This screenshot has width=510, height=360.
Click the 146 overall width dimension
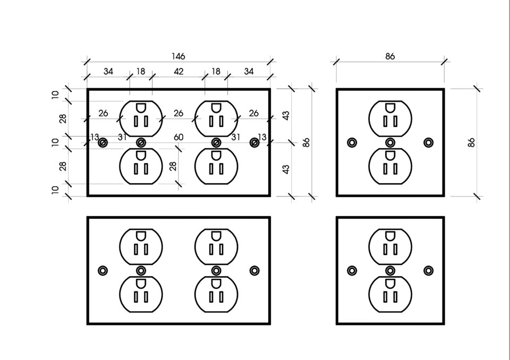tap(178, 56)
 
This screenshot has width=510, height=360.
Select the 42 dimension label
tap(178, 71)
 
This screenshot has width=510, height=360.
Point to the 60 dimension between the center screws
tap(178, 137)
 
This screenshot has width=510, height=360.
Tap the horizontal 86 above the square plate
tap(390, 56)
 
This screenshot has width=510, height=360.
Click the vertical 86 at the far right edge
tap(471, 142)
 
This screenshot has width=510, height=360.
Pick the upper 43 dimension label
tap(286, 115)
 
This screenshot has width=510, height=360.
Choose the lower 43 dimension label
tap(286, 169)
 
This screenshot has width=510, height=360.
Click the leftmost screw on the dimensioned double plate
tap(103, 142)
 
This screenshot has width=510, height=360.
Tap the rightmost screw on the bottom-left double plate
tap(254, 270)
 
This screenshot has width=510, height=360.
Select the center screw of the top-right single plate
tap(390, 142)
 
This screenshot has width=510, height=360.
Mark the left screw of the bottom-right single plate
tap(352, 270)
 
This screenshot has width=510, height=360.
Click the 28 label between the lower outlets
tap(173, 166)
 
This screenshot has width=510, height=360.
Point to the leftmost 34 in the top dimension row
tap(108, 71)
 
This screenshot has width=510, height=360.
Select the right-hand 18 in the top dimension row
tap(216, 71)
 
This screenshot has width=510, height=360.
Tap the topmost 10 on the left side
tap(56, 95)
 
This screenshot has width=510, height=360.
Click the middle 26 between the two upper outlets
tap(178, 113)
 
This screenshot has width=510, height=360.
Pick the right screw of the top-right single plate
tap(428, 142)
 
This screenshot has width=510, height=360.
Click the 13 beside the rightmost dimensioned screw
tap(262, 137)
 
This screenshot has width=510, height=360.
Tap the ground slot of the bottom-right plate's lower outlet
tap(390, 284)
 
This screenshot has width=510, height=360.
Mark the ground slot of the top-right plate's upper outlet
tap(390, 108)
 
